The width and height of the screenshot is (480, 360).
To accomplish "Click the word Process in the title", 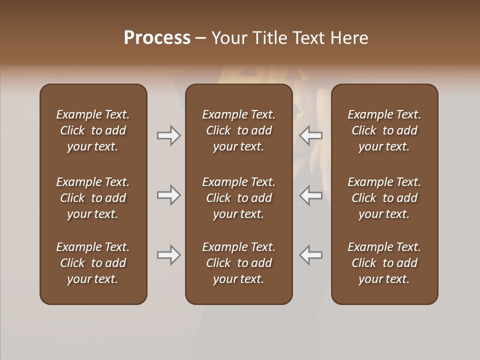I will pyautogui.click(x=157, y=38).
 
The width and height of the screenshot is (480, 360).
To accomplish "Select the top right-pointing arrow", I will pyautogui.click(x=169, y=135).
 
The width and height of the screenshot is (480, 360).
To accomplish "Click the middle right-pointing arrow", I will pyautogui.click(x=169, y=194).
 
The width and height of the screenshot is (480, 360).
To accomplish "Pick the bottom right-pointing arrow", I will pyautogui.click(x=169, y=255).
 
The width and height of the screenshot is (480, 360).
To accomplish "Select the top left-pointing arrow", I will pyautogui.click(x=311, y=135).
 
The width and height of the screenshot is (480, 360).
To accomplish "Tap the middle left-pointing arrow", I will pyautogui.click(x=311, y=194).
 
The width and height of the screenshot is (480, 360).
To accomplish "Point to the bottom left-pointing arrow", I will pyautogui.click(x=311, y=255).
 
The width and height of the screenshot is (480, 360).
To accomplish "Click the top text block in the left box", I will pyautogui.click(x=93, y=130).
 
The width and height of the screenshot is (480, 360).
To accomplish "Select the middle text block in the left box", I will pyautogui.click(x=93, y=198).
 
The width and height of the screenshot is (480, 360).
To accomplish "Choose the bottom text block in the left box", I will pyautogui.click(x=93, y=263).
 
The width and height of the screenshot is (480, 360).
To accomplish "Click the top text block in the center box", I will pyautogui.click(x=238, y=130).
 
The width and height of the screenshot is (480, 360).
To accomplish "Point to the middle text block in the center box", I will pyautogui.click(x=238, y=198).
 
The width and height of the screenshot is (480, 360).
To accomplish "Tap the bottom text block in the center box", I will pyautogui.click(x=238, y=263).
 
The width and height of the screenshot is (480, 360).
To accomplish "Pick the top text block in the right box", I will pyautogui.click(x=384, y=130).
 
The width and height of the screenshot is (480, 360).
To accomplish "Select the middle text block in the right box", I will pyautogui.click(x=384, y=198).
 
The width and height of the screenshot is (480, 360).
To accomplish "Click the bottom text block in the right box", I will pyautogui.click(x=384, y=263).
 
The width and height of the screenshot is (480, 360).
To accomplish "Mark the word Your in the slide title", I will pyautogui.click(x=229, y=38).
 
